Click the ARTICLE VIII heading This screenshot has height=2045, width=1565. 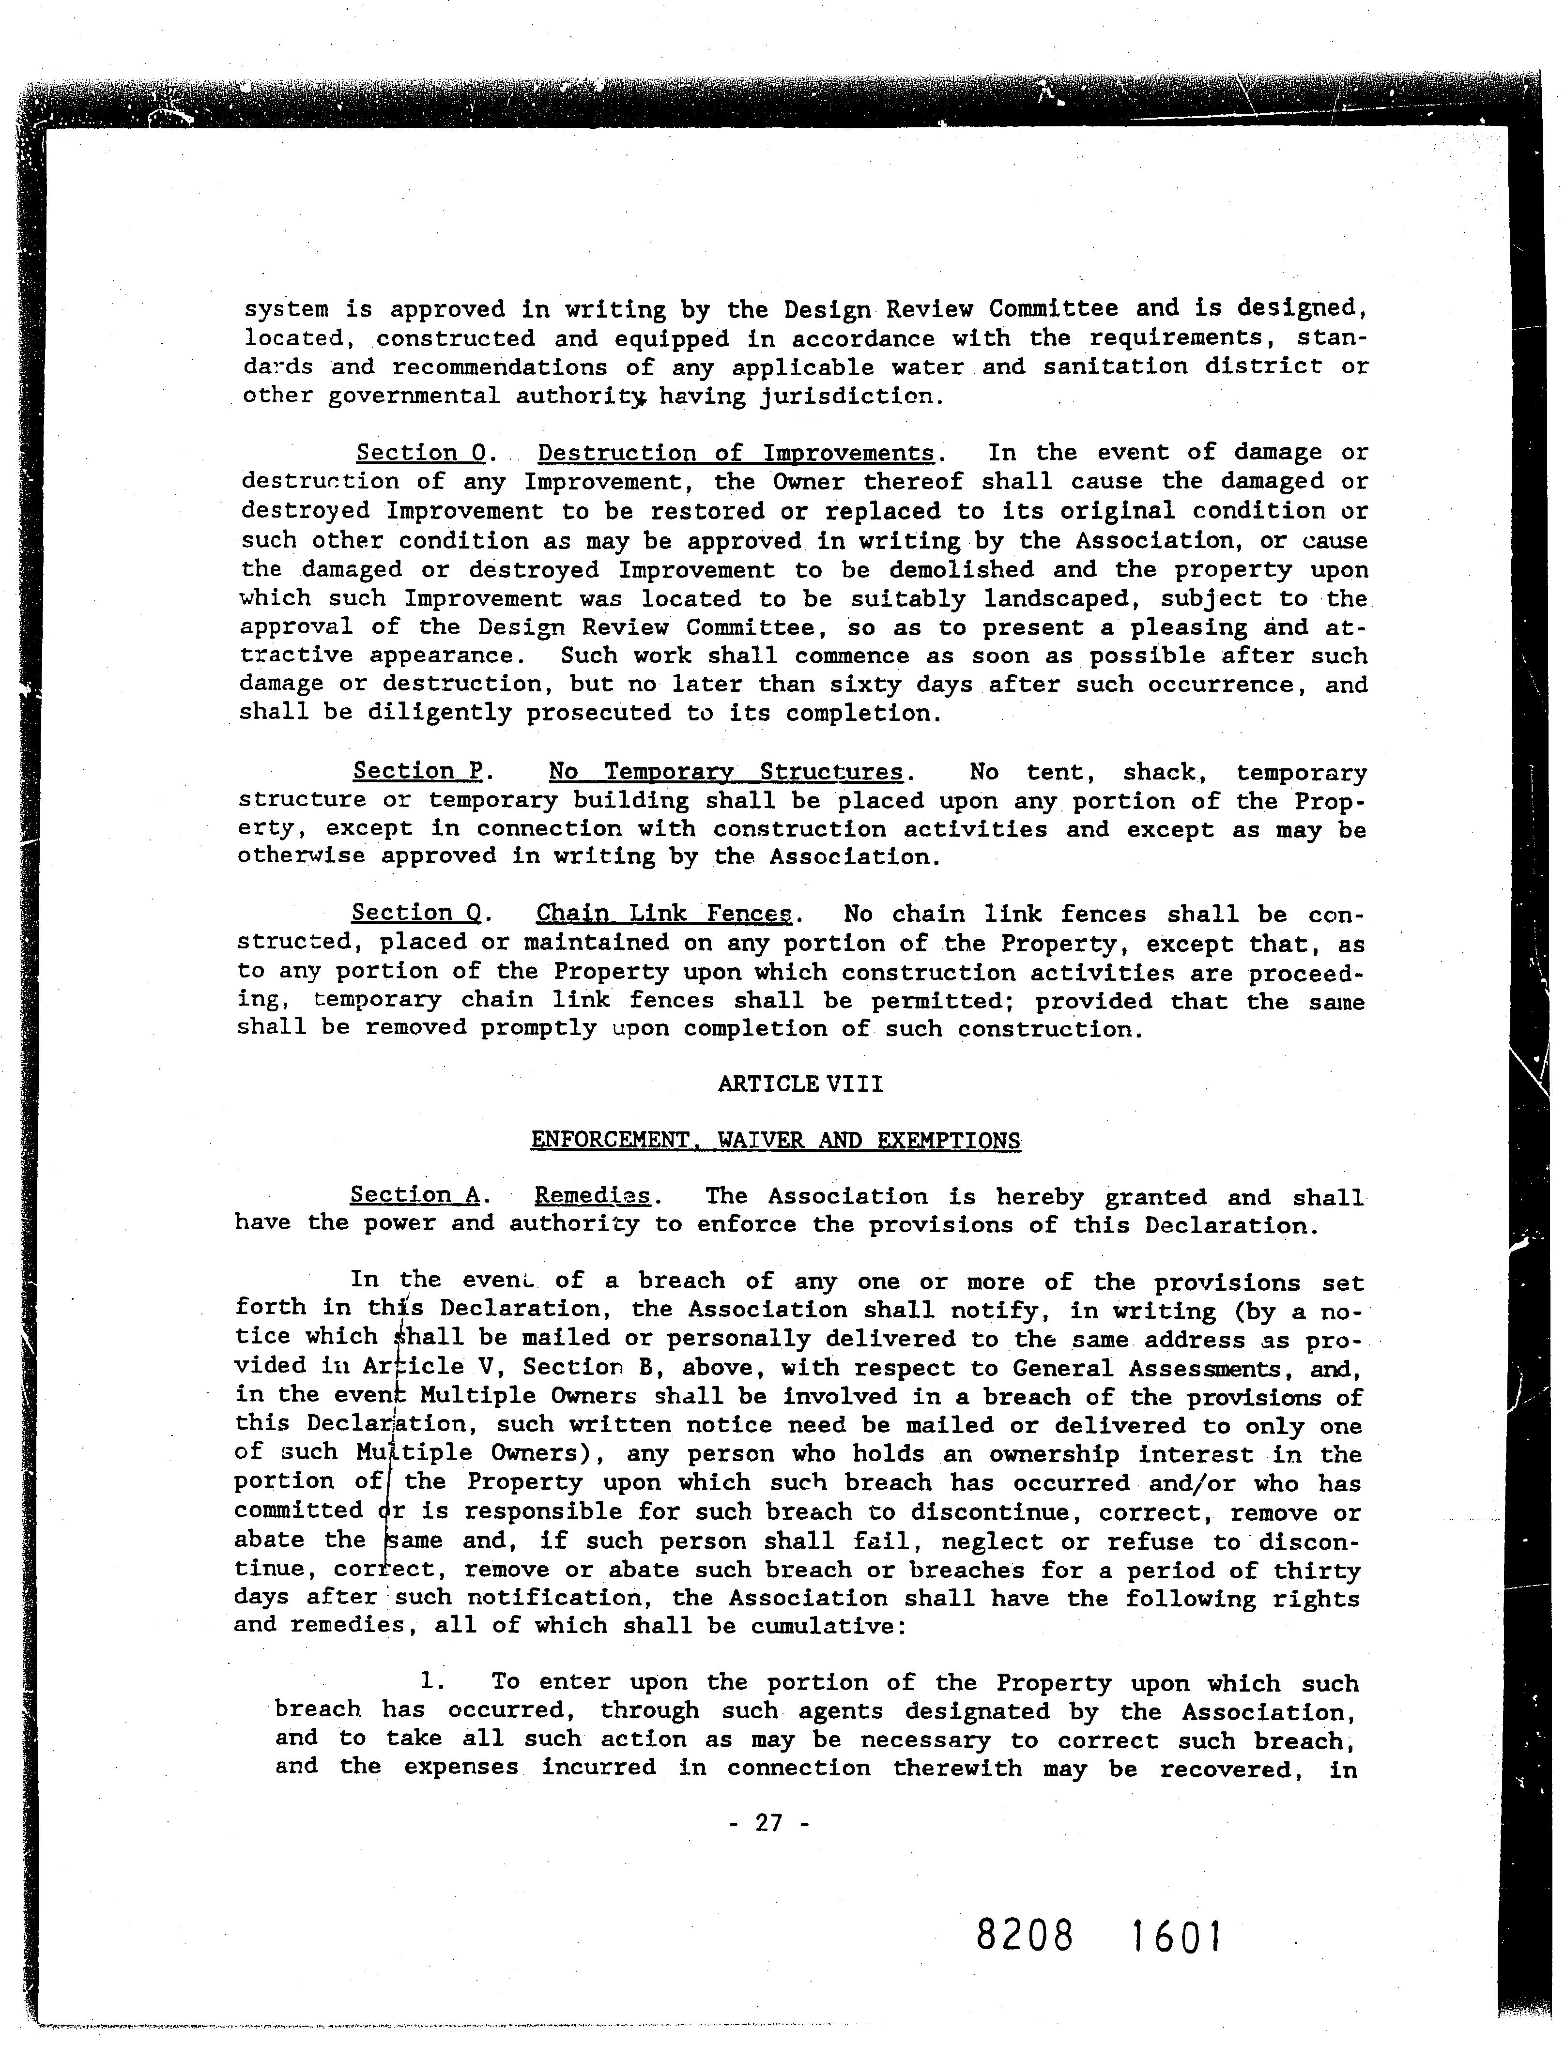click(800, 1084)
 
